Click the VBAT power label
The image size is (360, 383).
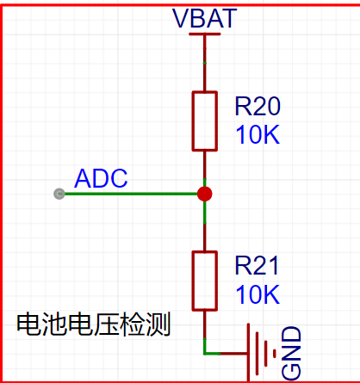[x=204, y=19]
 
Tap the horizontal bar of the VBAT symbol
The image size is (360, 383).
[x=204, y=34]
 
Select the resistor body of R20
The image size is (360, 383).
[x=205, y=121]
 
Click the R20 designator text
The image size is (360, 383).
[x=258, y=107]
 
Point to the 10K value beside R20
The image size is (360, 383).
[x=258, y=134]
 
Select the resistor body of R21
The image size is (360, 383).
[x=205, y=281]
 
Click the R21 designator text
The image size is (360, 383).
[x=257, y=266]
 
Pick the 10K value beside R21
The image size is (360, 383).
[x=258, y=294]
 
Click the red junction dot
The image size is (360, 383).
[x=205, y=194]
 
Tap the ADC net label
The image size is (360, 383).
[x=101, y=178]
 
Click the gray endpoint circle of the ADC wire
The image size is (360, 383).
[x=59, y=194]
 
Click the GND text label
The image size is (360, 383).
[x=291, y=353]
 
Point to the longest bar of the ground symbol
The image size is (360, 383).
[x=249, y=353]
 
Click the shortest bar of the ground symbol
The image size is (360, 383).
[x=275, y=354]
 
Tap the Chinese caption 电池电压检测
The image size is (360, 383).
[x=94, y=324]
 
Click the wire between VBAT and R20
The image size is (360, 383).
[x=205, y=63]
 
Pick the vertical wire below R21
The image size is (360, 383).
[x=205, y=332]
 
